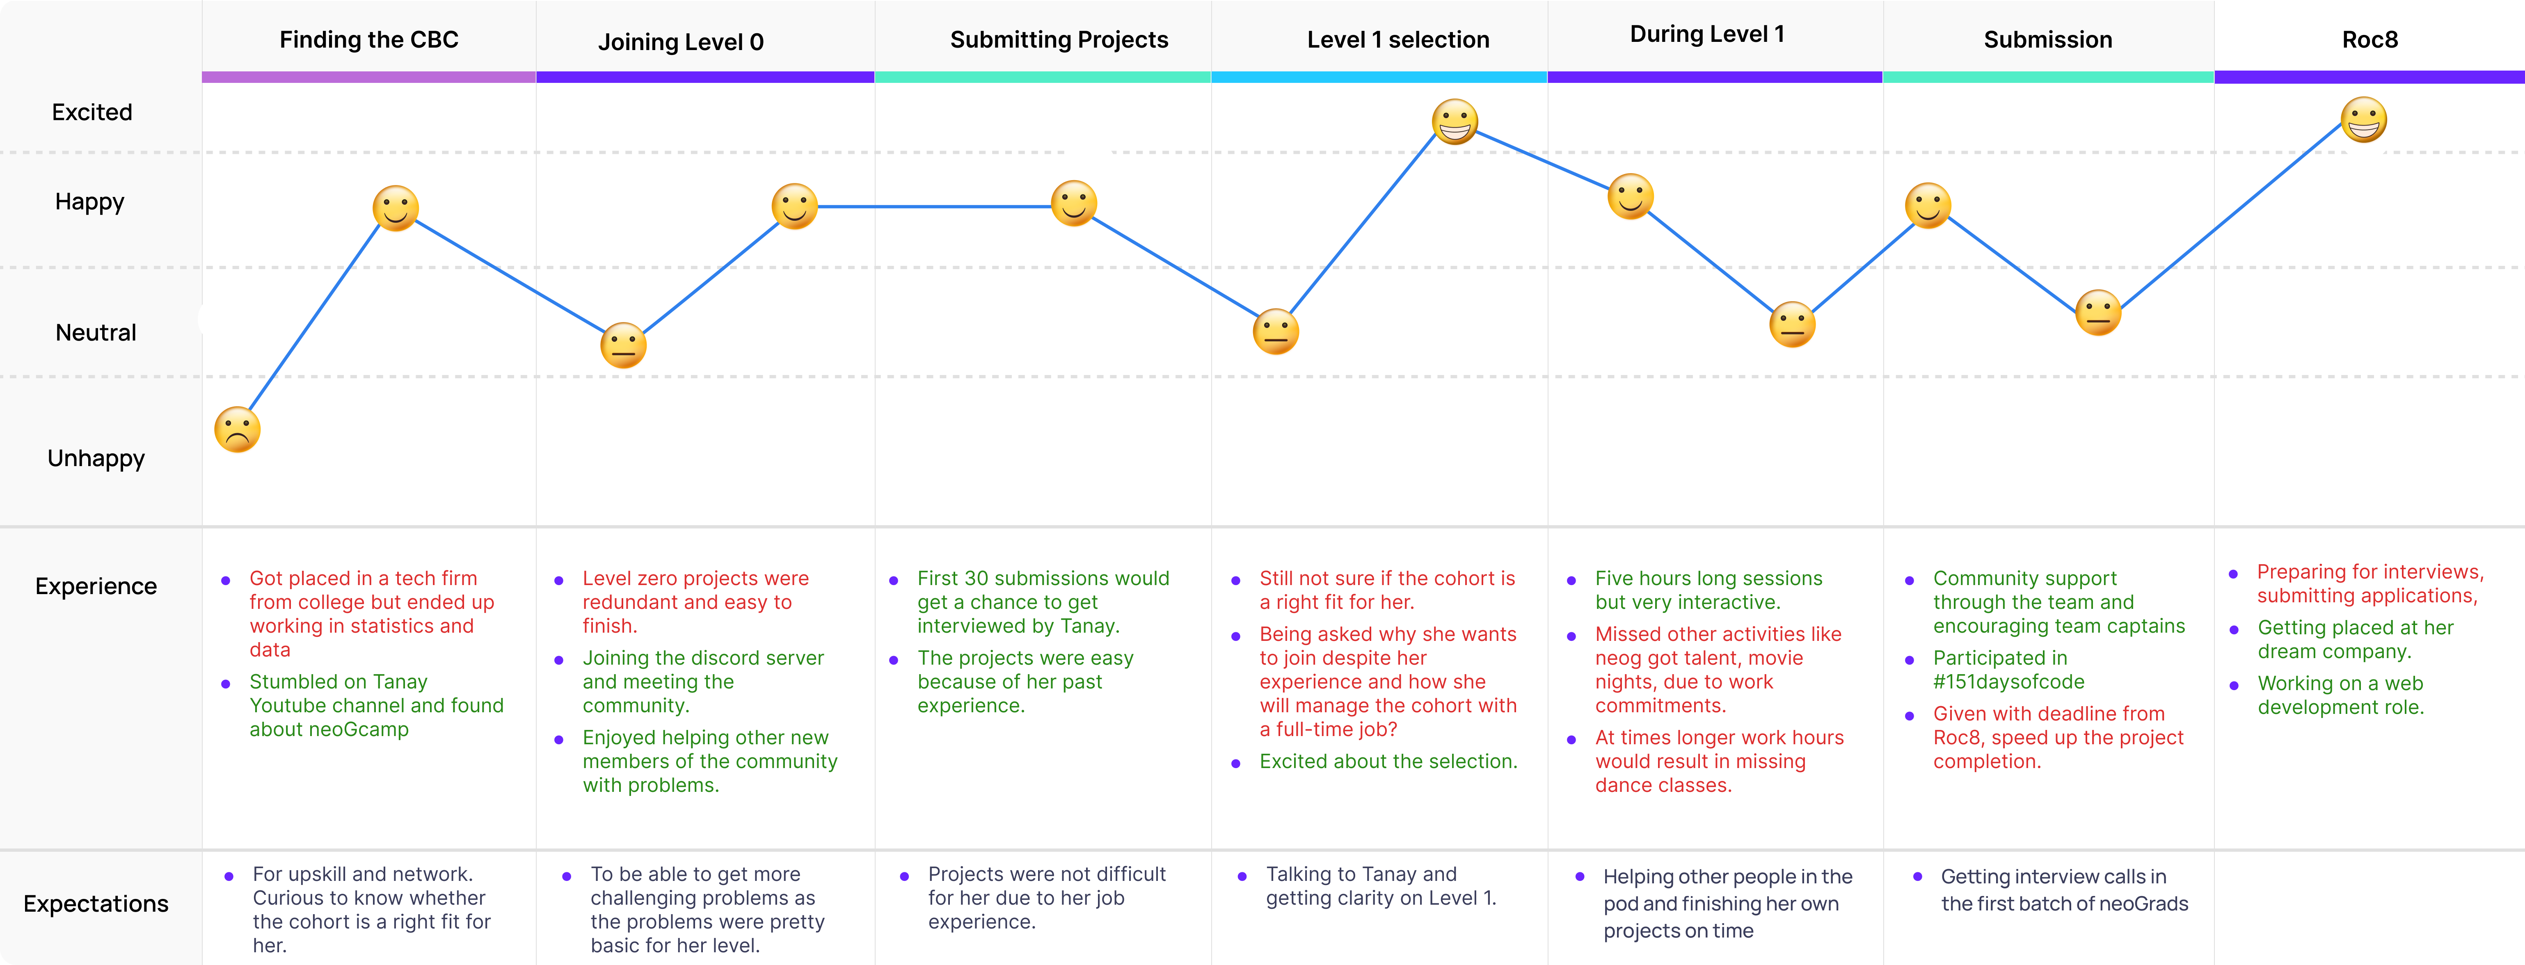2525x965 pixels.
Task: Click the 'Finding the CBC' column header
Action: [368, 40]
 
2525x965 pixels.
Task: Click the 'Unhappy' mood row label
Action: [96, 458]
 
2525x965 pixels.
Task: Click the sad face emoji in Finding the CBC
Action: [237, 429]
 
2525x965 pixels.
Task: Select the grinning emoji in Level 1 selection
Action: [1455, 121]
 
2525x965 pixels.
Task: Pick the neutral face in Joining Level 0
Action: [623, 345]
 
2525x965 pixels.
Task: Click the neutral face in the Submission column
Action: [2099, 313]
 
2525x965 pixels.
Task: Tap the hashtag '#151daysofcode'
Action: [2008, 682]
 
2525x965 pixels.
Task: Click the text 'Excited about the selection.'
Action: [1388, 761]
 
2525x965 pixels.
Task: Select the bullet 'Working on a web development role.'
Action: [2341, 695]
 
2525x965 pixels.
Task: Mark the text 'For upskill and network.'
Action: [363, 874]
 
